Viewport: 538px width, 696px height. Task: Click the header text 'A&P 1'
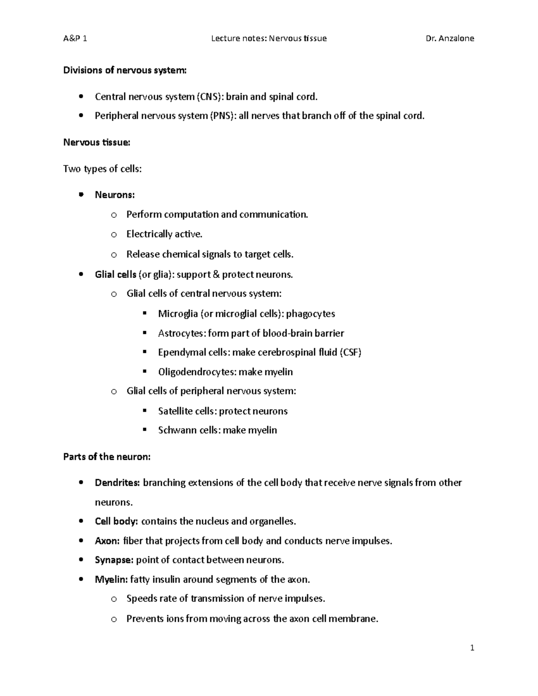click(75, 39)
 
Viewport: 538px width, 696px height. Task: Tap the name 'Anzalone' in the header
click(457, 39)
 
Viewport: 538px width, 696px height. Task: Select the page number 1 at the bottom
click(472, 648)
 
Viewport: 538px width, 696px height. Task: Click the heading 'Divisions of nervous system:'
click(125, 70)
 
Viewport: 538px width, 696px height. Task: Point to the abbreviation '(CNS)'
click(210, 97)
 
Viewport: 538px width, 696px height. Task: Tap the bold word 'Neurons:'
click(115, 195)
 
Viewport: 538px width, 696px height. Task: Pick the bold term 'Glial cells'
click(115, 274)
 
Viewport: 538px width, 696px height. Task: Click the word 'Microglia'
click(178, 314)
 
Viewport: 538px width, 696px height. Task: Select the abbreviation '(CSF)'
click(351, 352)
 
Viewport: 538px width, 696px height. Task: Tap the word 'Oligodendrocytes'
click(196, 372)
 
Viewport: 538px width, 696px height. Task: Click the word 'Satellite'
click(175, 411)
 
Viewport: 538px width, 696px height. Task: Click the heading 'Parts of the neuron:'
click(107, 457)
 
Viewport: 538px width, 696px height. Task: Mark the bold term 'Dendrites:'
click(117, 483)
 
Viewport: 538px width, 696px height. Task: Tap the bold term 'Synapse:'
click(114, 560)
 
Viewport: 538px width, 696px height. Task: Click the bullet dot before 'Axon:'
click(81, 541)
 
